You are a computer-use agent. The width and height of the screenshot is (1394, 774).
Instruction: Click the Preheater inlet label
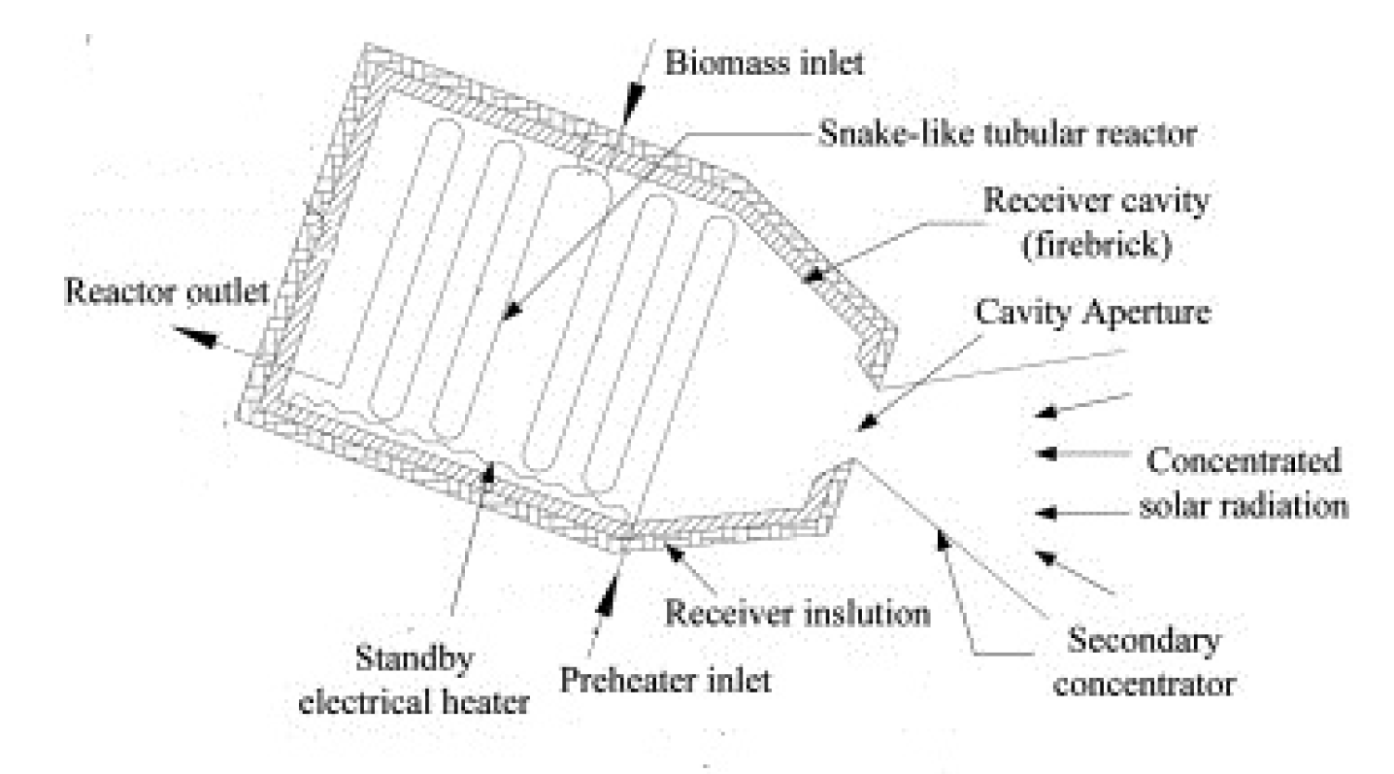(x=667, y=678)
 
